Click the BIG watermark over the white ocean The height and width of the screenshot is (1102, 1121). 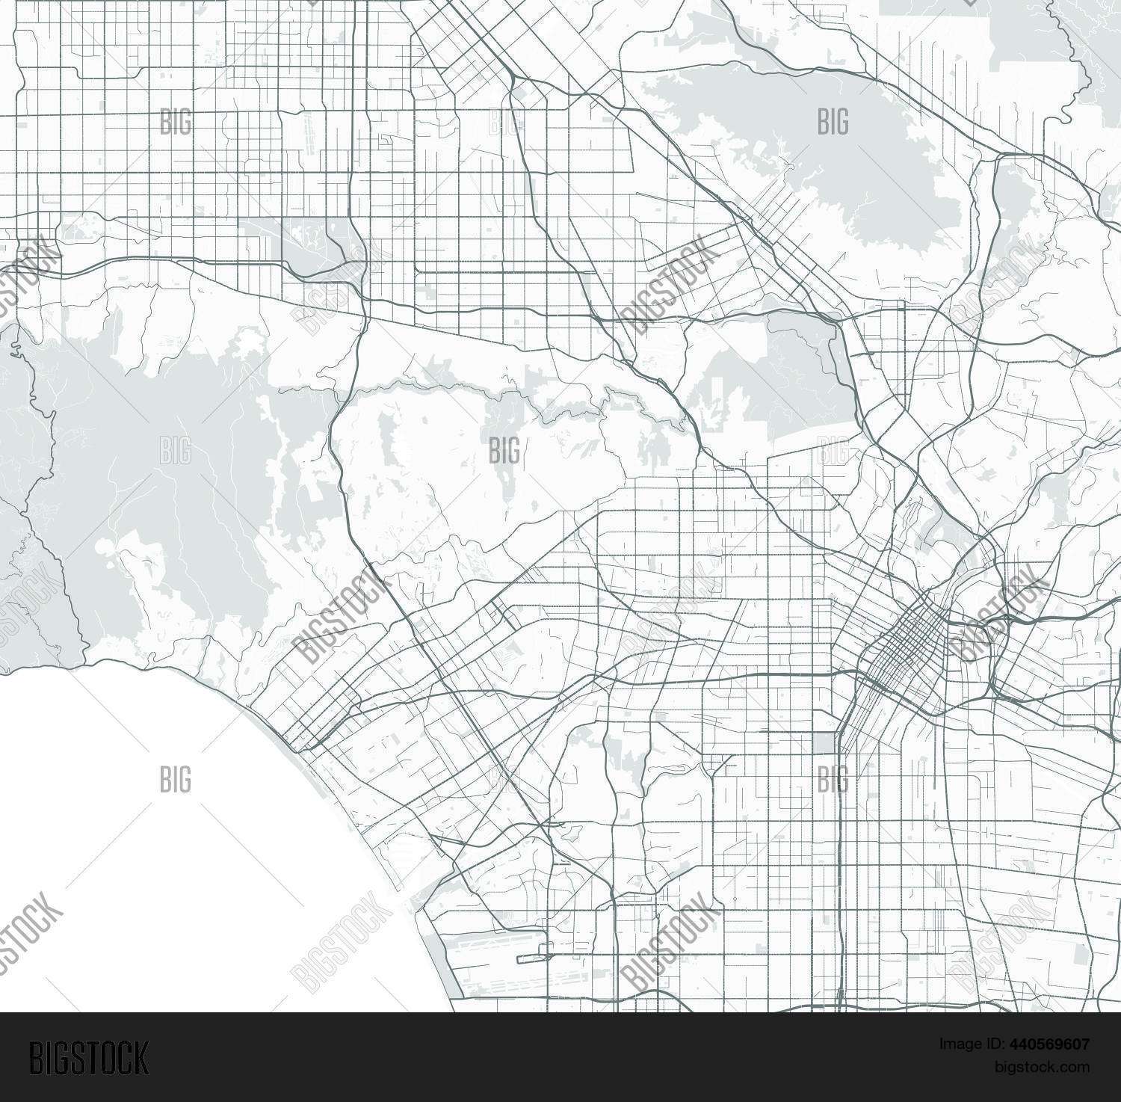[x=175, y=779]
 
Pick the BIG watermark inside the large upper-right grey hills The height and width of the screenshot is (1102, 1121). [x=833, y=121]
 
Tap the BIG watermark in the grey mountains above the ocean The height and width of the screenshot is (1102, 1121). [x=175, y=451]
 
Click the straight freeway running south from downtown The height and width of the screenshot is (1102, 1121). [x=840, y=860]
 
